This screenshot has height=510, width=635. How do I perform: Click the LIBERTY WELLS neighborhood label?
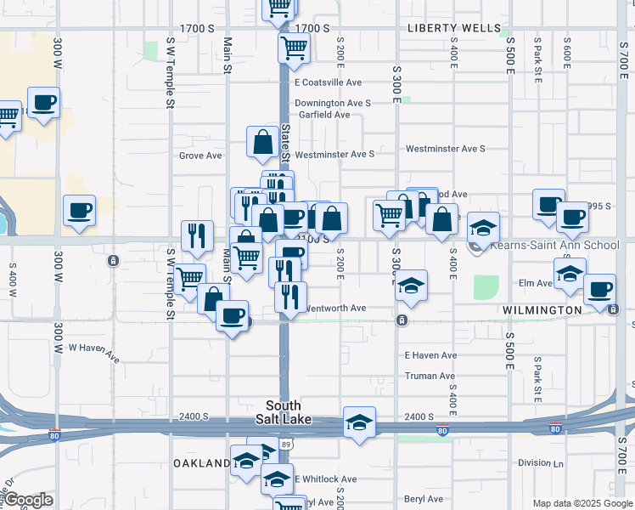(x=454, y=28)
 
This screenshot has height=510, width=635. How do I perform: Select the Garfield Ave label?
(x=323, y=115)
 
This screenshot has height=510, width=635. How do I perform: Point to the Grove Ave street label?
(x=200, y=156)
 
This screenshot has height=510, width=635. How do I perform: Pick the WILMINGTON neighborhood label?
(x=542, y=310)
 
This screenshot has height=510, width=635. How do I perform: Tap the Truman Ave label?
(x=430, y=376)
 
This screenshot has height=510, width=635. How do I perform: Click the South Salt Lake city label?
(x=284, y=412)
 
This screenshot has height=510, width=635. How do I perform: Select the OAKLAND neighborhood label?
(x=202, y=463)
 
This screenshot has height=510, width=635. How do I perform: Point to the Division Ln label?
(x=541, y=463)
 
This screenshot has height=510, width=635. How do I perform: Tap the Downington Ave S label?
(x=333, y=104)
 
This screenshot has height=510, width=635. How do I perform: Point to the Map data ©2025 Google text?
(x=582, y=503)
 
